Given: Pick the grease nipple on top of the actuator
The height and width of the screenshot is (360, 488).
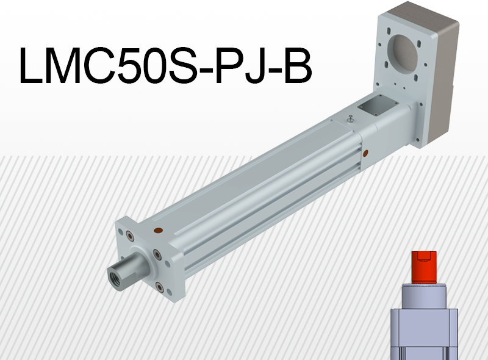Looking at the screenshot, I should [x=351, y=118].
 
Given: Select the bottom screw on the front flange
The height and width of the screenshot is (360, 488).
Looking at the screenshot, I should [x=160, y=287].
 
